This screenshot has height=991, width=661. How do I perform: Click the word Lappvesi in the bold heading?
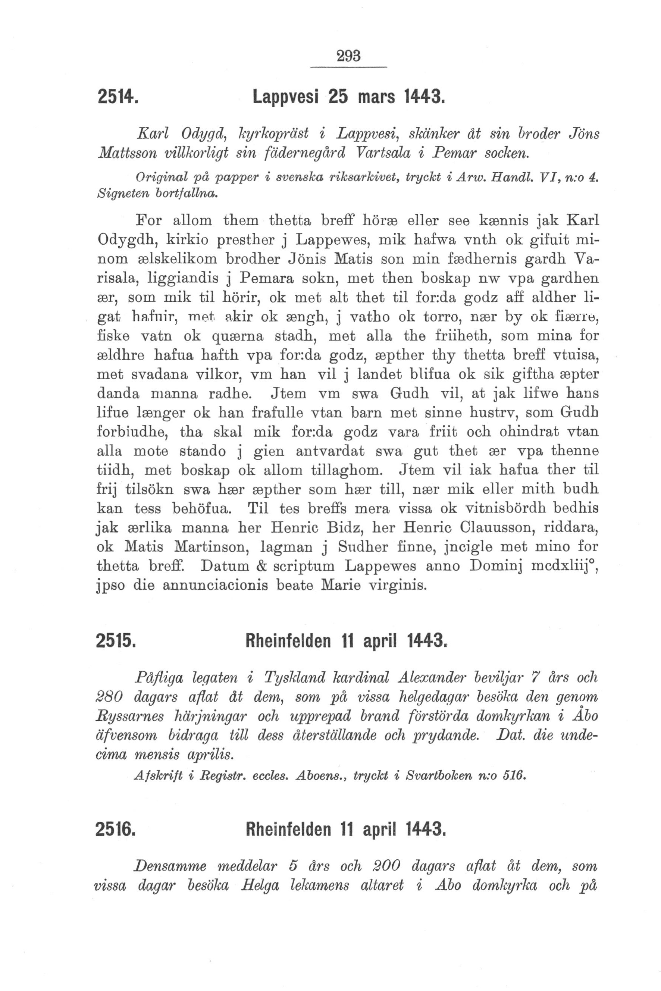click(x=286, y=97)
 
